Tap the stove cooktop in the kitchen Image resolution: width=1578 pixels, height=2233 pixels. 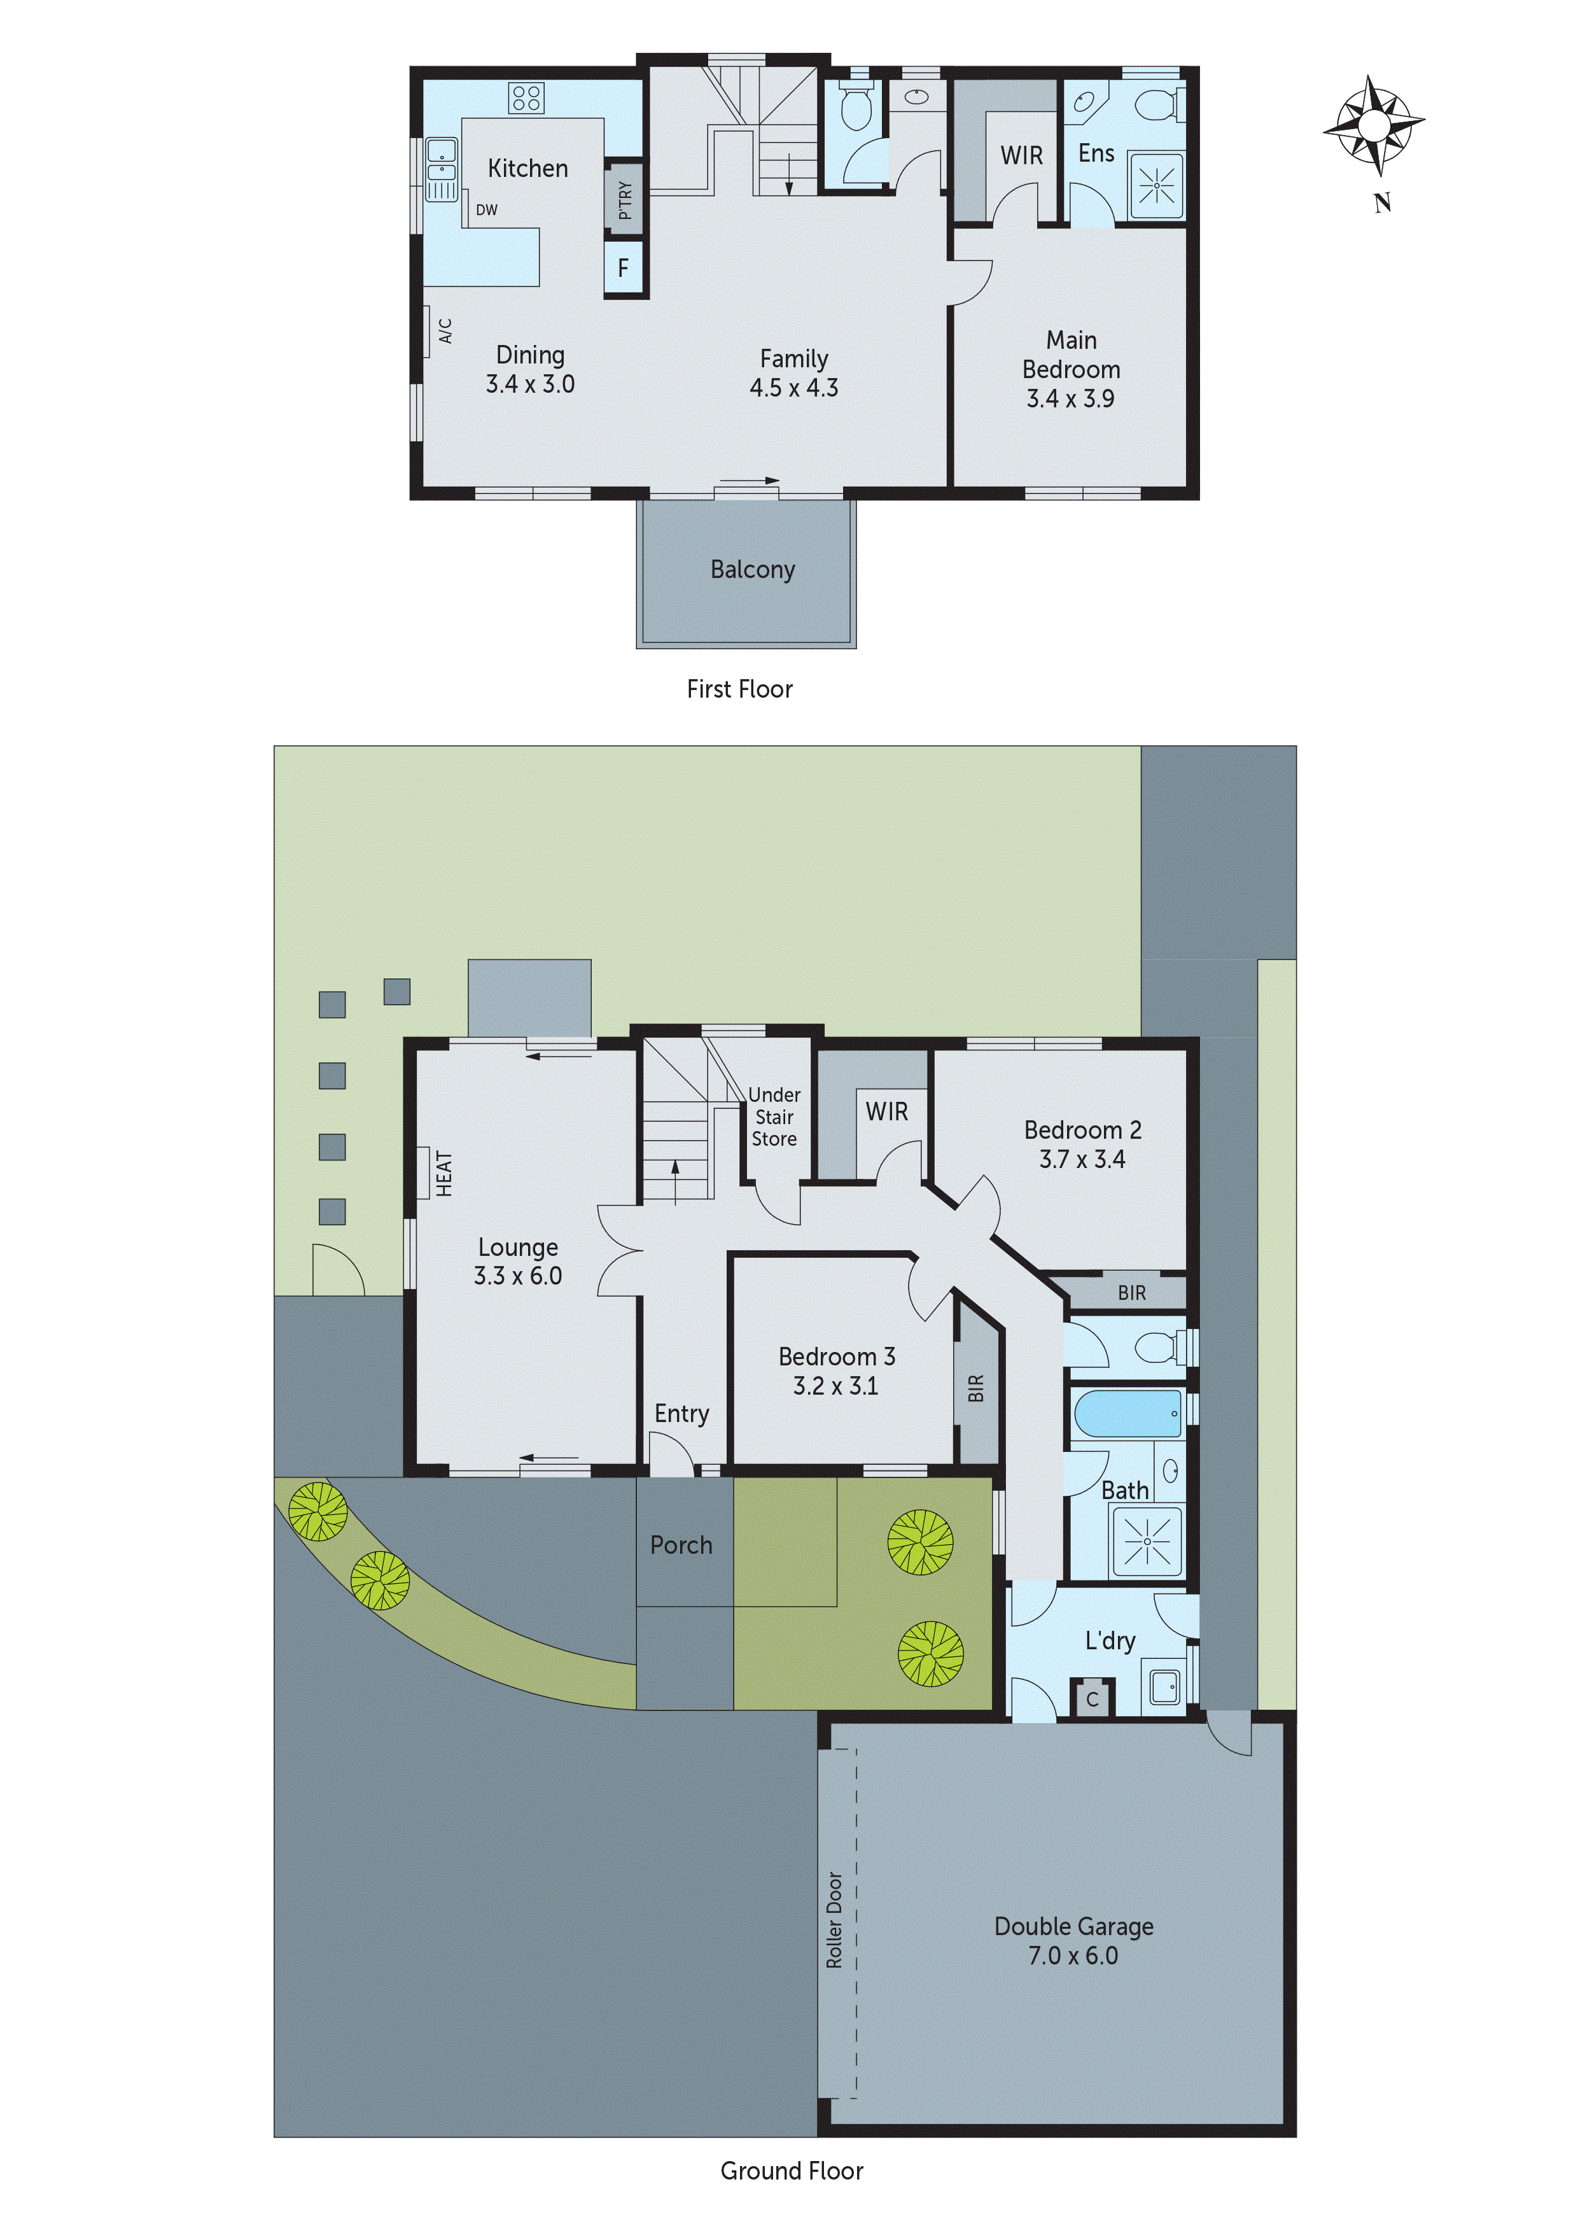click(526, 97)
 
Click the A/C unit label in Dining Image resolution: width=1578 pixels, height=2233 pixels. click(445, 330)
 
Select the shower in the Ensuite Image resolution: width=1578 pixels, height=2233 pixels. click(1157, 184)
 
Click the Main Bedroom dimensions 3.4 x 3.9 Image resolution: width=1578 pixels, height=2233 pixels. click(1070, 398)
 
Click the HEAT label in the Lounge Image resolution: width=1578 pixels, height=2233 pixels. click(443, 1173)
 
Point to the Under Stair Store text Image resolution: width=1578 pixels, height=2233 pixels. click(774, 1116)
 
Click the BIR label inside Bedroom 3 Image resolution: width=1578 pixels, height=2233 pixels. click(976, 1389)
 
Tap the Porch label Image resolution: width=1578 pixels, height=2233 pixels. click(681, 1546)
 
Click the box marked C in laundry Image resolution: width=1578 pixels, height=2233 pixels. click(1092, 1699)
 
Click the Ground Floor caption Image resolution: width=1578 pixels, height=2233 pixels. click(792, 2171)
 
